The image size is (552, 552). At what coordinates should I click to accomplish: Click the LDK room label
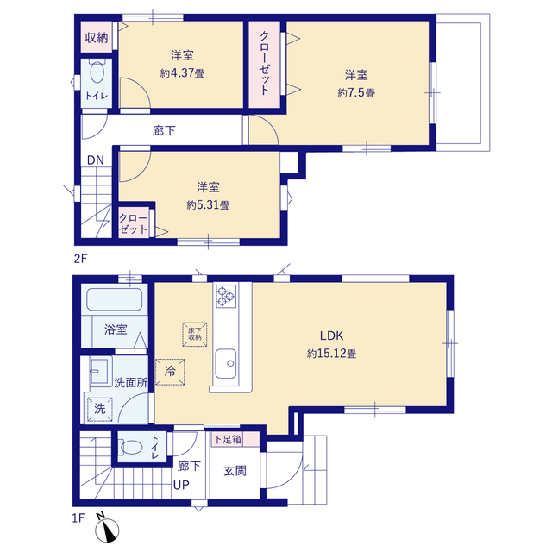pos(331,336)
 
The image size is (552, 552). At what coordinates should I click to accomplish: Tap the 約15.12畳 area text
pos(331,354)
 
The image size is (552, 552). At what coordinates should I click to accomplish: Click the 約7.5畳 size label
pos(356,93)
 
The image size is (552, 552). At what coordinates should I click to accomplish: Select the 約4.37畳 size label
pos(182,73)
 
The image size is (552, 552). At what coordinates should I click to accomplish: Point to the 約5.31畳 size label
pos(208,205)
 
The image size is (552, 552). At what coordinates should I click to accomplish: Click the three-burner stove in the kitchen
pos(226,296)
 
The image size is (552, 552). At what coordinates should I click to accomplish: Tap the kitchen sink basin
pos(226,363)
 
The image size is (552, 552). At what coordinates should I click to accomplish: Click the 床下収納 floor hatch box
pos(195,334)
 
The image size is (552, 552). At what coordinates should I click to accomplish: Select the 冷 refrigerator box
pos(170,372)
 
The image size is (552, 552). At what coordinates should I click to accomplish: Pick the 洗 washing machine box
pos(100,409)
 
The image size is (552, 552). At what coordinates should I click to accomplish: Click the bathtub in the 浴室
pos(115,299)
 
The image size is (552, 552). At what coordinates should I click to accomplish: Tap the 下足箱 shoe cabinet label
pos(227,439)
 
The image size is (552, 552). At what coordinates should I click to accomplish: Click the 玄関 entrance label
pos(235,471)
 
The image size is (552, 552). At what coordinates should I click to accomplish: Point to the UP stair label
pos(181,486)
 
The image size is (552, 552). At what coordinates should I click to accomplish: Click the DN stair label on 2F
pos(96,160)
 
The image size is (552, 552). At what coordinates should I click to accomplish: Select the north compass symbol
pos(107,530)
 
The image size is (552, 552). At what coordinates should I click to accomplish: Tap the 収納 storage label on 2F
pos(96,38)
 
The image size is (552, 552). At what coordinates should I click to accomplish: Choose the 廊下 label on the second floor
pos(164,131)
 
